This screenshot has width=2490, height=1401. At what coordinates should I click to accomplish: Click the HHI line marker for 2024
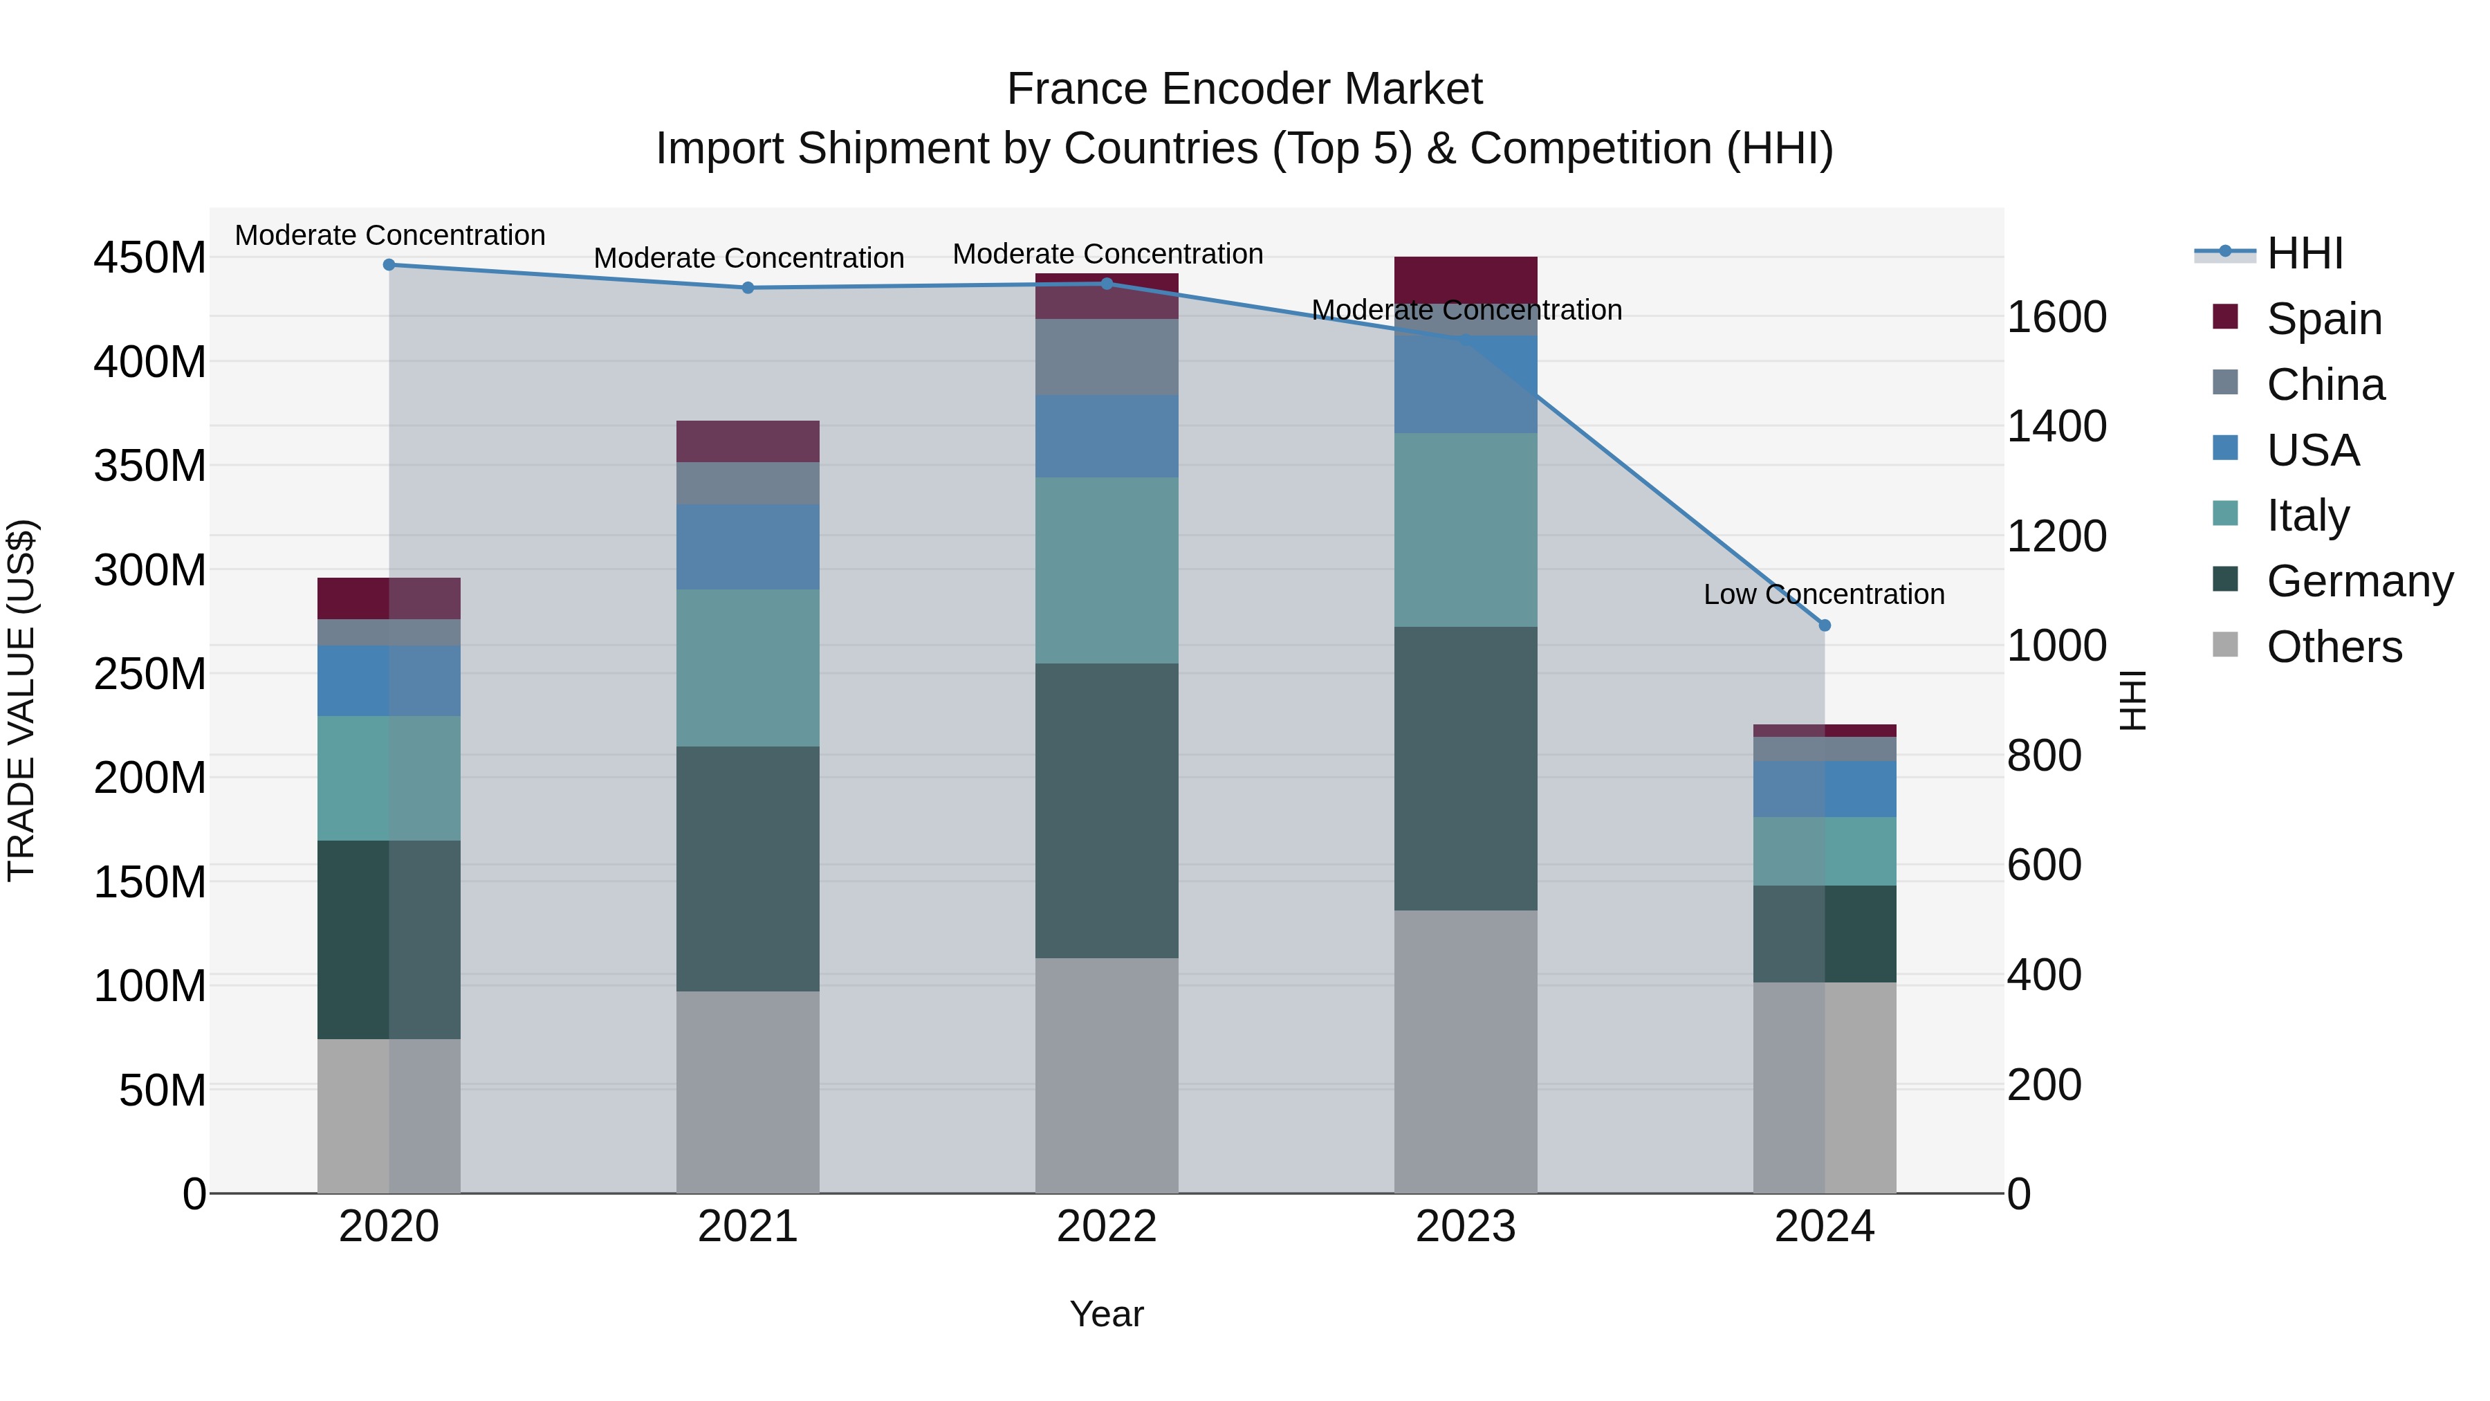pyautogui.click(x=1824, y=625)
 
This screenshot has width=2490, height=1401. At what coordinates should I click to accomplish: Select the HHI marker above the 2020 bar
pyautogui.click(x=389, y=264)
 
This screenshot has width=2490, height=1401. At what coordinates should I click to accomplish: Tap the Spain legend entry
pyautogui.click(x=2323, y=319)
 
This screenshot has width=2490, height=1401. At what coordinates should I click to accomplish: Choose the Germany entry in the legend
pyautogui.click(x=2359, y=581)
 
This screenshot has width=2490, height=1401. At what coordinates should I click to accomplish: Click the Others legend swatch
pyautogui.click(x=2224, y=645)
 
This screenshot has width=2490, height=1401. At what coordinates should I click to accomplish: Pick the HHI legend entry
pyautogui.click(x=2303, y=253)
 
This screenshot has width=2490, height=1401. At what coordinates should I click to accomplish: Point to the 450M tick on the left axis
pyautogui.click(x=150, y=258)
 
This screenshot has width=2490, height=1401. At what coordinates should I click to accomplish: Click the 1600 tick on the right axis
pyautogui.click(x=2057, y=317)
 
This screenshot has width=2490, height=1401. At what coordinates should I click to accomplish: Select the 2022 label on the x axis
pyautogui.click(x=1106, y=1227)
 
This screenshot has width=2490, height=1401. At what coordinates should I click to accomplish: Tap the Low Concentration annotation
pyautogui.click(x=1823, y=594)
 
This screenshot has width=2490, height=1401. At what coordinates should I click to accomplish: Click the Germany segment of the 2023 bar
pyautogui.click(x=1466, y=768)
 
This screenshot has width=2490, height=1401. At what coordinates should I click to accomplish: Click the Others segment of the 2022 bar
pyautogui.click(x=1106, y=1075)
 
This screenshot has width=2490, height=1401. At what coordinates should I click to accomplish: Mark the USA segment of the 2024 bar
pyautogui.click(x=1824, y=788)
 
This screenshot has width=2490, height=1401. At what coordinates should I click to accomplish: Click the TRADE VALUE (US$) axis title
pyautogui.click(x=21, y=700)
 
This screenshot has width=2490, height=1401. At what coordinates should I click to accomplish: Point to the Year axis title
pyautogui.click(x=1106, y=1314)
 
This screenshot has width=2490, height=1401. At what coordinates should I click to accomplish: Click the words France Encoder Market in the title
pyautogui.click(x=1244, y=89)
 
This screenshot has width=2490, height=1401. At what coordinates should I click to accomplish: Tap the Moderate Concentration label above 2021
pyautogui.click(x=748, y=258)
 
